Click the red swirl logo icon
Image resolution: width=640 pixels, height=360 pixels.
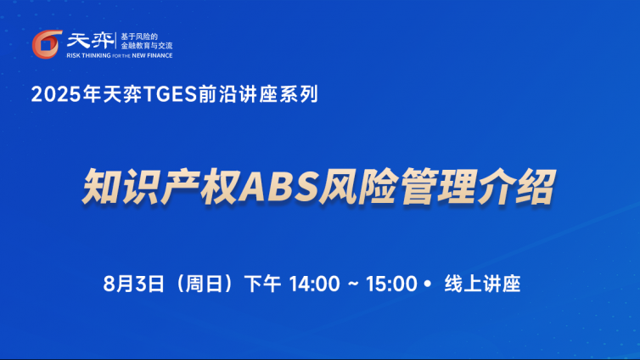point(47,44)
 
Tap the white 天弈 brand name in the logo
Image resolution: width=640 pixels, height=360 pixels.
point(90,41)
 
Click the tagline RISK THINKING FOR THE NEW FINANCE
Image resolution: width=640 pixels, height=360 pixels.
point(120,55)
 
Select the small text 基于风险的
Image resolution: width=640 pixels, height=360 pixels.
point(139,37)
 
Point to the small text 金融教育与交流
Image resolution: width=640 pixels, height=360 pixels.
point(147,46)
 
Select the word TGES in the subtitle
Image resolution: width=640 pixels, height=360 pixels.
point(171,94)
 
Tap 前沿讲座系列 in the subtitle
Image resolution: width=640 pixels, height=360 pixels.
point(258,94)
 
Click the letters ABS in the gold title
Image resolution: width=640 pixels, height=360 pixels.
point(278,187)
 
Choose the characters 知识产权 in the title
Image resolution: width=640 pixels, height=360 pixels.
point(160,187)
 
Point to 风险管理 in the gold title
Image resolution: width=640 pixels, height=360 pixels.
point(397,187)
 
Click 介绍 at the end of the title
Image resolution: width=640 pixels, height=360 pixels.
point(516,187)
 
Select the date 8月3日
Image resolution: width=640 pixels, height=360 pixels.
point(133,284)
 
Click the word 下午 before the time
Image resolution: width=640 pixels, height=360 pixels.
point(262,284)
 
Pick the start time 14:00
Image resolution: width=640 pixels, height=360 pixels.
point(314,284)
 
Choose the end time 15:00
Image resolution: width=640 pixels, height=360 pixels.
point(391,284)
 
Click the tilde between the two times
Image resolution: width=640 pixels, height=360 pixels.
point(353,284)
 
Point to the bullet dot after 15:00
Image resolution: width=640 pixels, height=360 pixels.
point(427,284)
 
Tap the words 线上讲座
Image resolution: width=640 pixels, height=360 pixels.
point(482,284)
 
